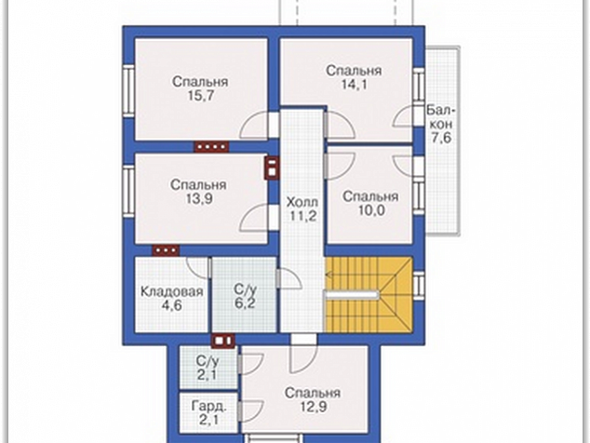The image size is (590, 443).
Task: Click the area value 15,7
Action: [x=200, y=96]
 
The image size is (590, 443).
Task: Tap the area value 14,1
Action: [x=354, y=85]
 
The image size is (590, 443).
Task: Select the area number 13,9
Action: [x=198, y=199]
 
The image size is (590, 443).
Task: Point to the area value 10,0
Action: [x=370, y=210]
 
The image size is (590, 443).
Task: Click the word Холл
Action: [x=302, y=202]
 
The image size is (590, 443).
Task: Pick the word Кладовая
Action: [x=172, y=291]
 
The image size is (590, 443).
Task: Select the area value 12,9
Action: [x=313, y=407]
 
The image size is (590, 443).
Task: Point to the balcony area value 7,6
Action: [x=441, y=138]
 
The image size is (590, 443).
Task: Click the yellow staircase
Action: [x=369, y=294]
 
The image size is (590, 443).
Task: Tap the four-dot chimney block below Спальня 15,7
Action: [x=211, y=147]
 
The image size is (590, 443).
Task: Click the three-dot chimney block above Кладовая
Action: [x=166, y=249]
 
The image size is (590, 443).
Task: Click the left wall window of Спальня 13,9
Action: [x=128, y=191]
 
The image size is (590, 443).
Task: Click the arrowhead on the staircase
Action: [x=329, y=275]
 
